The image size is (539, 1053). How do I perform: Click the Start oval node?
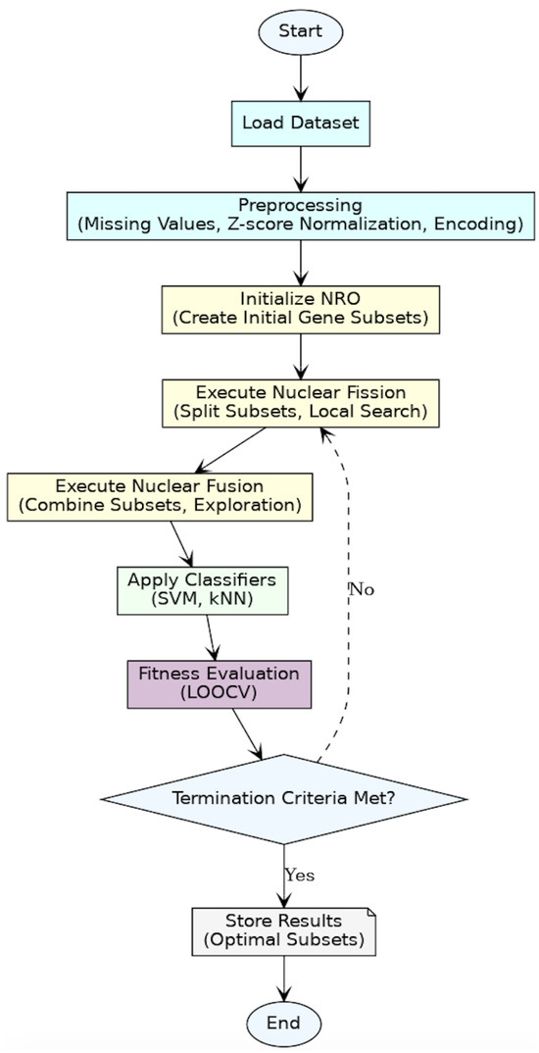(300, 31)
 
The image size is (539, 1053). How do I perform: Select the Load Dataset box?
(300, 124)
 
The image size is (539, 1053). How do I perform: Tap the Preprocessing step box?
(300, 216)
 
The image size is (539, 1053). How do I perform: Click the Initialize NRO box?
(300, 309)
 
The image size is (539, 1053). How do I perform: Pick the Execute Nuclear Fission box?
(300, 402)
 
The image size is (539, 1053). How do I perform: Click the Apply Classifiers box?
(201, 589)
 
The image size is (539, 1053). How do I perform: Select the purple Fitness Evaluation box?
(219, 683)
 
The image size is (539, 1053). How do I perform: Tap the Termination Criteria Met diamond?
(283, 798)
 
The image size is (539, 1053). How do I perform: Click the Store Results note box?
(283, 930)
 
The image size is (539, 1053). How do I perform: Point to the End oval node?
(283, 1023)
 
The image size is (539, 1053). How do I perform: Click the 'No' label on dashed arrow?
(362, 589)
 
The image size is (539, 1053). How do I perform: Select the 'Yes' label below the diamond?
(299, 875)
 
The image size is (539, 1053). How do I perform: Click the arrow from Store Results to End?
(283, 978)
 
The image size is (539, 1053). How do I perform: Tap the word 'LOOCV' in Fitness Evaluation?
(219, 693)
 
